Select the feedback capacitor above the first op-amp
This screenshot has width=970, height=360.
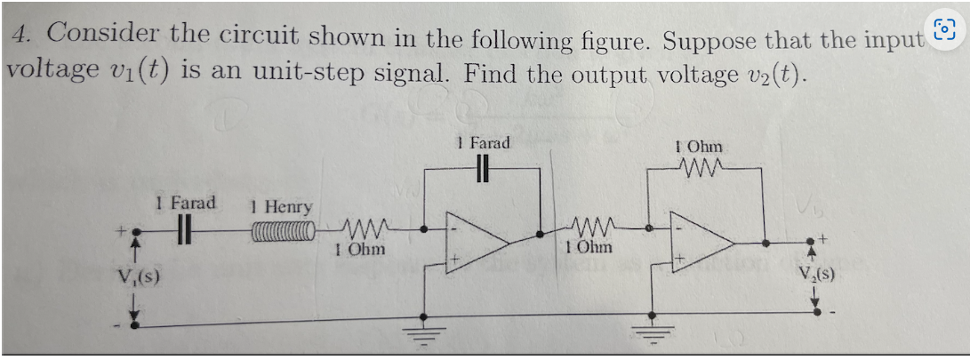pos(483,169)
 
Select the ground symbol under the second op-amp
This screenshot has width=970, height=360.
pos(653,336)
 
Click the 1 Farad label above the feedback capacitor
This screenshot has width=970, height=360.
pos(483,142)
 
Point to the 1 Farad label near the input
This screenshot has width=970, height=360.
pos(185,203)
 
